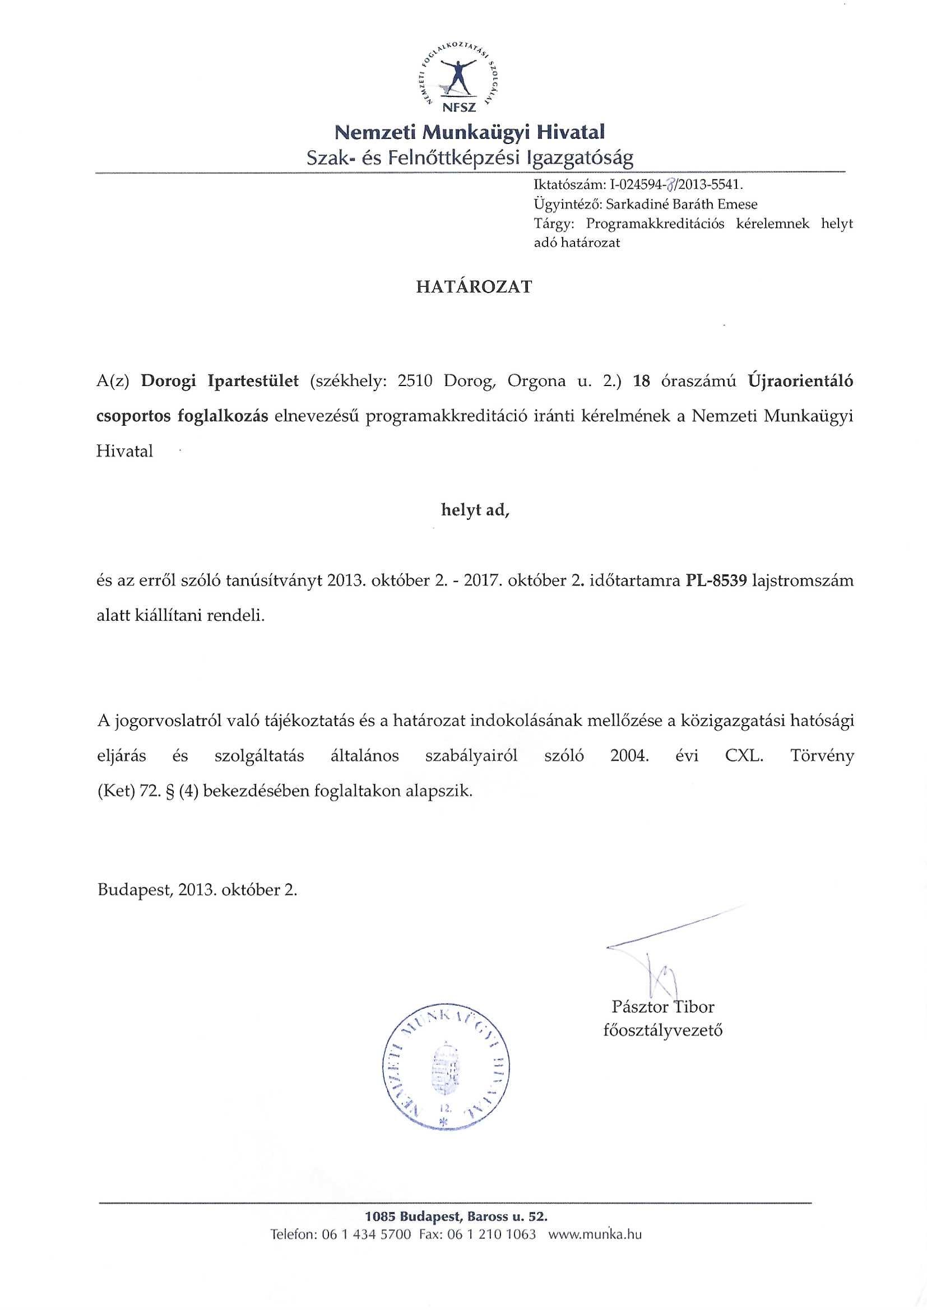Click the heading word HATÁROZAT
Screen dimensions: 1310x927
474,286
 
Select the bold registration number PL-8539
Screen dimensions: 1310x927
716,581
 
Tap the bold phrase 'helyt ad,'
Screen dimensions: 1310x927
475,510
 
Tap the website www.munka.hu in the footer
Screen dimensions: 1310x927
595,1246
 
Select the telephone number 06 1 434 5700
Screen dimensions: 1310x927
367,1246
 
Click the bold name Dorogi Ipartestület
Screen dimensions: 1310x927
220,380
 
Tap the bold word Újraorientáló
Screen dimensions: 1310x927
801,380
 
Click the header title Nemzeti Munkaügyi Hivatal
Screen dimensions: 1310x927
469,133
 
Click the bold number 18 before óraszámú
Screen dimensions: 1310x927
642,380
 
